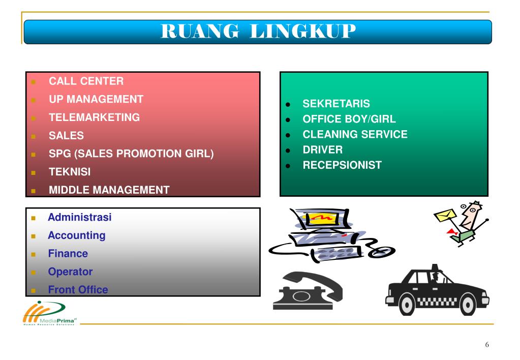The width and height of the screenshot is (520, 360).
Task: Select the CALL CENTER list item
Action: pos(86,81)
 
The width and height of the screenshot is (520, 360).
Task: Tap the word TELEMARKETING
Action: pos(94,117)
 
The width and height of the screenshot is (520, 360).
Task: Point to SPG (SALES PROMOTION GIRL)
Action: pos(131,154)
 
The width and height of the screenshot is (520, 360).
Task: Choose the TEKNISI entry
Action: pos(70,172)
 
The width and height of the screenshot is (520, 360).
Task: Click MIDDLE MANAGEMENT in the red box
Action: pos(109,190)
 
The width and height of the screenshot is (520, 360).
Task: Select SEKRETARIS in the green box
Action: pos(336,104)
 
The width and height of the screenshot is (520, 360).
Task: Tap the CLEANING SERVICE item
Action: pos(355,135)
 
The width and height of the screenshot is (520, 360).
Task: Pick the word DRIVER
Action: pos(322,150)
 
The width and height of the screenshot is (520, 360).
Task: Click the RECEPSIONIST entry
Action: pos(342,165)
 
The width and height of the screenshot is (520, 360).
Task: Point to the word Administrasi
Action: pos(79,217)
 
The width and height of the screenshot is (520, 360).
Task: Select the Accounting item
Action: pos(76,235)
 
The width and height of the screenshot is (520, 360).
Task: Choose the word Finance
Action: pos(68,254)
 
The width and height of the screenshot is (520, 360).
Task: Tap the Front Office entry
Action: pos(78,290)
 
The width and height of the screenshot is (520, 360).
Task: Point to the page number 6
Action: pos(487,345)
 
